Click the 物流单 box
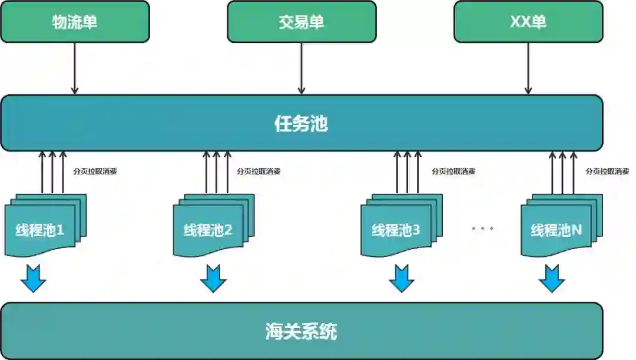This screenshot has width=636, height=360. point(75,22)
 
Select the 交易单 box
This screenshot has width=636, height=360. point(302,22)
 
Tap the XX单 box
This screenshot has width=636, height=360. point(528,22)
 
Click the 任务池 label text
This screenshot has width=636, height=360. point(301,124)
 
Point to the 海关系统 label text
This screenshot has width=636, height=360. point(301,331)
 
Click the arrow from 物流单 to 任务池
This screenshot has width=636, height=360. point(75,68)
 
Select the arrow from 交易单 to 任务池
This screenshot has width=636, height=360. point(302,68)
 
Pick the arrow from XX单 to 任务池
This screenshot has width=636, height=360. point(528,68)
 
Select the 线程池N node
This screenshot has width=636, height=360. point(557,230)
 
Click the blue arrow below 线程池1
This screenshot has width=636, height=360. point(33,279)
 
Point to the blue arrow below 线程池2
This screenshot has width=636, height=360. point(213,279)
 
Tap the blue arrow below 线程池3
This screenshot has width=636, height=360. point(402,279)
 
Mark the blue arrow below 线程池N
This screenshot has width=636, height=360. point(552,279)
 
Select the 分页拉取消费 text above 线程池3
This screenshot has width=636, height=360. point(453,171)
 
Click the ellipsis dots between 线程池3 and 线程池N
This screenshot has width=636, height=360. point(482,228)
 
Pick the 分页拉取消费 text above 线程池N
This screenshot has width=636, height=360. point(607,171)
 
